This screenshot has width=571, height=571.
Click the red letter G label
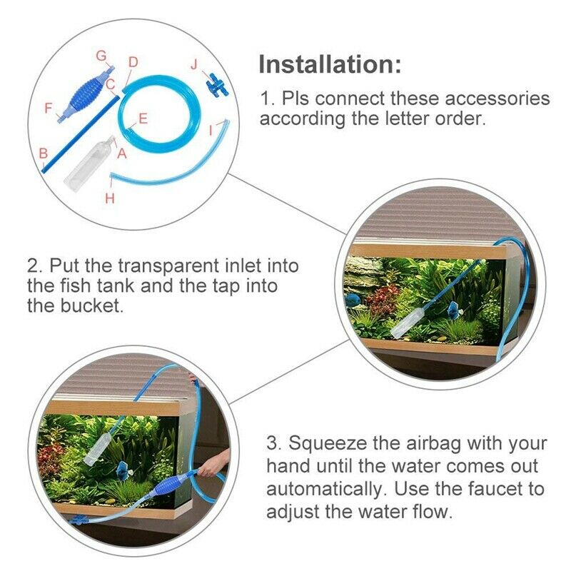[101, 55]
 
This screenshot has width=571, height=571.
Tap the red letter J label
[193, 64]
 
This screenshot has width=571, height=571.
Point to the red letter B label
[43, 153]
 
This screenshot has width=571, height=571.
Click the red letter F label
[49, 109]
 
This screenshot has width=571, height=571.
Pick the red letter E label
[143, 118]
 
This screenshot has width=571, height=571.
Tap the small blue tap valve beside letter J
[212, 86]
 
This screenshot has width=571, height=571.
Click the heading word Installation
[329, 64]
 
